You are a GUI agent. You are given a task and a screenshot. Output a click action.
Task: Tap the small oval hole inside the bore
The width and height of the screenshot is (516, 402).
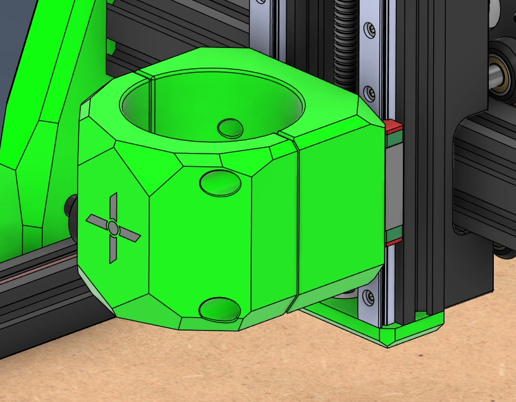(x=230, y=128)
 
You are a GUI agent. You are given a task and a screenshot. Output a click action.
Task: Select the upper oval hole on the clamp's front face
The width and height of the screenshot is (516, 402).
(x=220, y=183)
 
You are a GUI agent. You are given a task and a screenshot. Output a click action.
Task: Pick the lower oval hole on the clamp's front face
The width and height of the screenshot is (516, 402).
(x=220, y=310)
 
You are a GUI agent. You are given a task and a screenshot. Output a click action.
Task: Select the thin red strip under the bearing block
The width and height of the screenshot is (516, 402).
(x=393, y=236)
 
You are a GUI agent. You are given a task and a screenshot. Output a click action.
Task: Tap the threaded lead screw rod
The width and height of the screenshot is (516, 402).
(x=345, y=38)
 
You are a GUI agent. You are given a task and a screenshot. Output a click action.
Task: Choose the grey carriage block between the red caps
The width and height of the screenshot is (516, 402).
(x=393, y=183)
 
